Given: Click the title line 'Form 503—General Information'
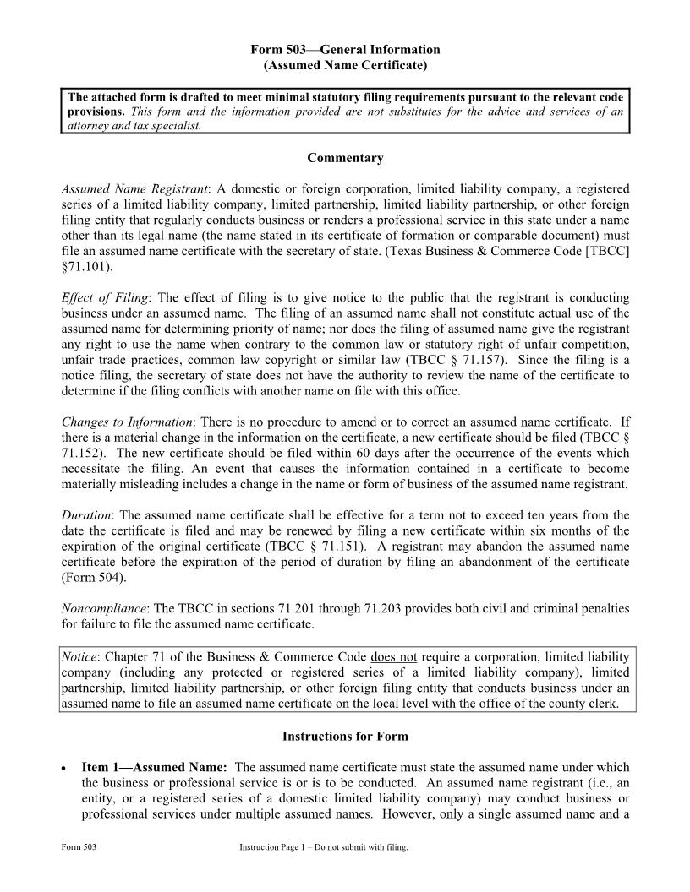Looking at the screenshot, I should (345, 50).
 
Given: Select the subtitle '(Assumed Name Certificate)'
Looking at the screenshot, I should (345, 65).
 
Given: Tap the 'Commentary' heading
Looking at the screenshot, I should (345, 158).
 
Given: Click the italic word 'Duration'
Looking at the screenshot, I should (86, 515).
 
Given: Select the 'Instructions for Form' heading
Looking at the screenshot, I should (345, 737).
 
